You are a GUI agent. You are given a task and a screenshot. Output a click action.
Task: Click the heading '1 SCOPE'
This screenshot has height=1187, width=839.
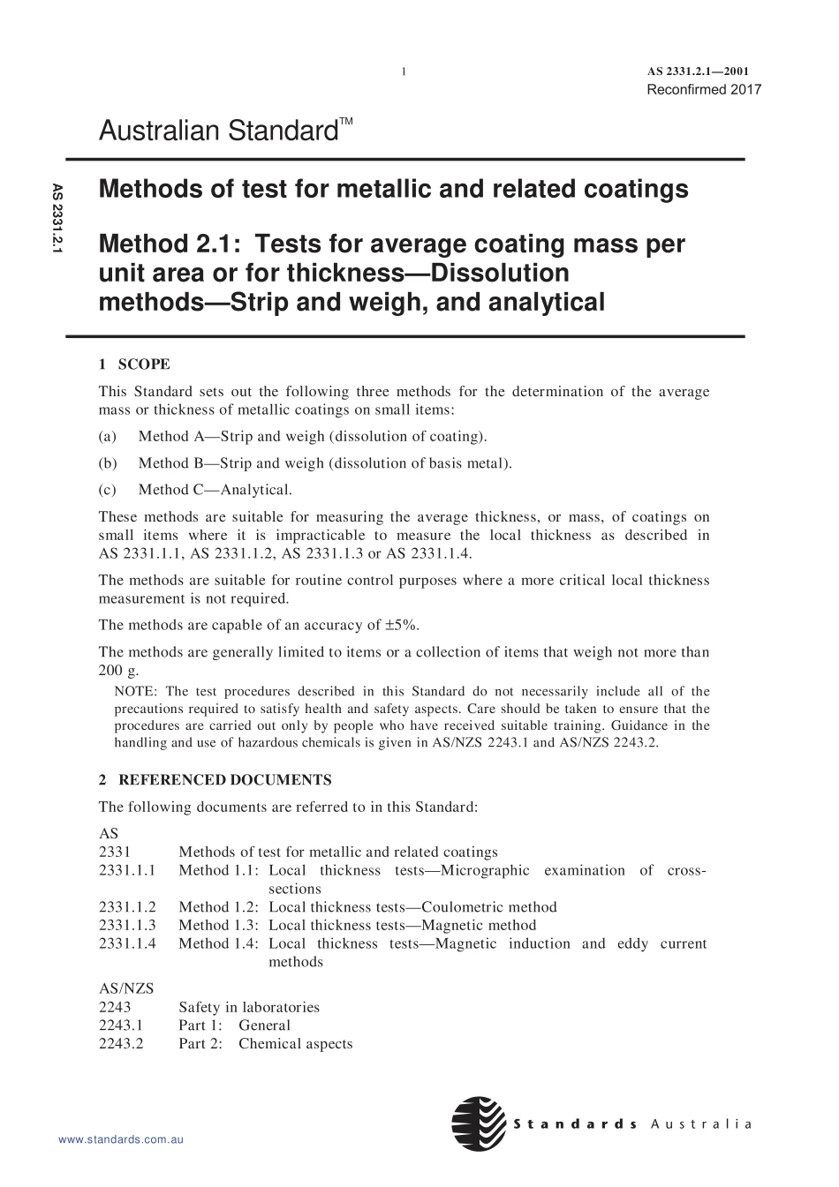[134, 364]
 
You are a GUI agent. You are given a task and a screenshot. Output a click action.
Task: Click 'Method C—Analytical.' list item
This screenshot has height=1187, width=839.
[215, 490]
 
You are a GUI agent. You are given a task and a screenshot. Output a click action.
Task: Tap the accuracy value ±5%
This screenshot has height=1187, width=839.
[404, 626]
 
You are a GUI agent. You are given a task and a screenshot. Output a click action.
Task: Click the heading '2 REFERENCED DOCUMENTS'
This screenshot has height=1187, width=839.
[215, 780]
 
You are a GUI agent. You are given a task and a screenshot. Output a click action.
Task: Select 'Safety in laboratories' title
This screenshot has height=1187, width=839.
[249, 1007]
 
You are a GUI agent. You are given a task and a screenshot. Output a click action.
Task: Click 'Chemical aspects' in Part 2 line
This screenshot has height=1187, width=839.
[295, 1044]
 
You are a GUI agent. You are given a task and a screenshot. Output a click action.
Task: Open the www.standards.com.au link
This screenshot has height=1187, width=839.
[120, 1140]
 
